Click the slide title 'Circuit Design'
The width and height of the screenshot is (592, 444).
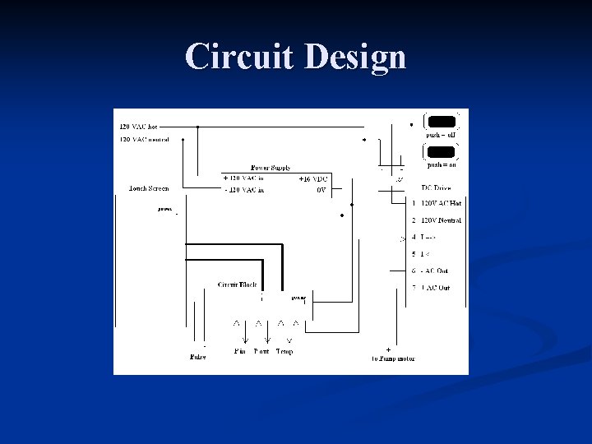pos(296,58)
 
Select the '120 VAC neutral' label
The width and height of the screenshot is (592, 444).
pos(144,139)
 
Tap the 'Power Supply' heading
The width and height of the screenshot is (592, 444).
pos(271,168)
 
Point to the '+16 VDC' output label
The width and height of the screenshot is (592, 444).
pos(313,178)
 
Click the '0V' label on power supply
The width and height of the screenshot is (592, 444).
pos(321,189)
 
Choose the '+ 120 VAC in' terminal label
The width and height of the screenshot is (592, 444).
pos(244,178)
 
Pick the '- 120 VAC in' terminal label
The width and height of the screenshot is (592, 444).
pos(244,189)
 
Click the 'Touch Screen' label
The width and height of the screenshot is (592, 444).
pos(149,188)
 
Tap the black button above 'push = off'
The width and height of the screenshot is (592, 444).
pos(441,120)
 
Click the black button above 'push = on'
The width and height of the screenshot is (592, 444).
pos(441,151)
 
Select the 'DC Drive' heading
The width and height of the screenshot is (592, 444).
pos(436,188)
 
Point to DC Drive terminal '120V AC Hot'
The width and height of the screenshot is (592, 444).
pos(441,202)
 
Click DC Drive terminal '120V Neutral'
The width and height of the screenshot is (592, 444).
pos(441,220)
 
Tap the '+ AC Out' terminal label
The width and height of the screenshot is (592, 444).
pos(435,288)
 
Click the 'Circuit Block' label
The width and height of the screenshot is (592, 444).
pos(237,284)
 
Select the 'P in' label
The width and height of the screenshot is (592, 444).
pos(240,351)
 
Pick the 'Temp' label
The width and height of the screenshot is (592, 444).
pos(284,351)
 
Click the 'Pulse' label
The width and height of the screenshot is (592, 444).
pos(197,357)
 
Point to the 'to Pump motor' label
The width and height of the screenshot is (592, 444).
pos(394,358)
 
